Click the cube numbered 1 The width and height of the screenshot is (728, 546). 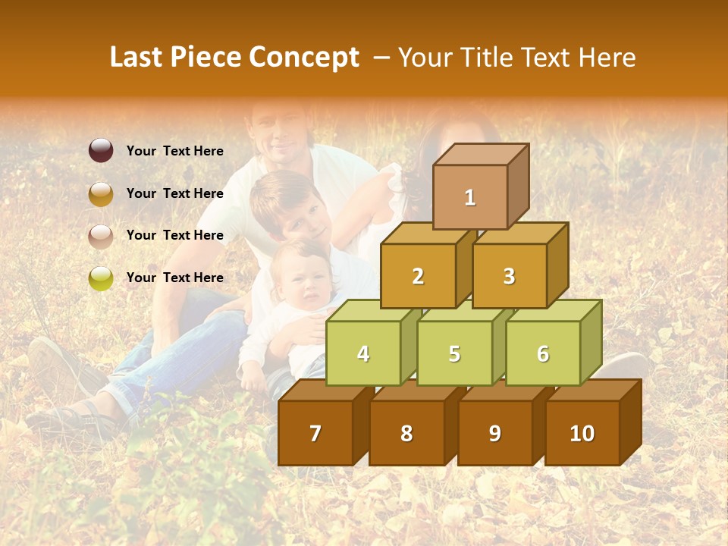click(x=470, y=197)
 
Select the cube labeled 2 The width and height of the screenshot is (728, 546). click(x=418, y=276)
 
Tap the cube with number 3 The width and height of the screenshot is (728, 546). click(x=509, y=276)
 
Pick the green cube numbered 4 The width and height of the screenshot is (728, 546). click(x=363, y=353)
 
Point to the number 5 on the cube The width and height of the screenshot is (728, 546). click(x=454, y=354)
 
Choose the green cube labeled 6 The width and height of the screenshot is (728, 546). click(x=543, y=353)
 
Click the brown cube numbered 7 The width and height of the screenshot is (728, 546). click(x=315, y=433)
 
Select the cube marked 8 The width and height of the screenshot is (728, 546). click(x=406, y=433)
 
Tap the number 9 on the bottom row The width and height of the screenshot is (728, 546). click(x=494, y=433)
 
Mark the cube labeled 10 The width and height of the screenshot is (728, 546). click(x=582, y=433)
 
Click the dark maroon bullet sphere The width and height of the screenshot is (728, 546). click(x=101, y=151)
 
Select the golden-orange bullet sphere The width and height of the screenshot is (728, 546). click(x=101, y=193)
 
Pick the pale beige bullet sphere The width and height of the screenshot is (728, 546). click(x=101, y=236)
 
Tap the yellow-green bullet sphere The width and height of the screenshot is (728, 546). click(x=101, y=278)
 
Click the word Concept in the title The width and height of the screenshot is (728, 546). click(x=304, y=58)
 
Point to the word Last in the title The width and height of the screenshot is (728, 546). click(x=138, y=58)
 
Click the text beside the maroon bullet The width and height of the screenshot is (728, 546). click(x=175, y=151)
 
